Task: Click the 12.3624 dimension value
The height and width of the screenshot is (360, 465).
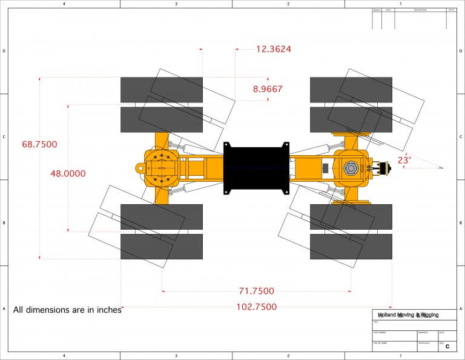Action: point(273,49)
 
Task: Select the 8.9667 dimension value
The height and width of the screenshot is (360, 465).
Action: point(268,89)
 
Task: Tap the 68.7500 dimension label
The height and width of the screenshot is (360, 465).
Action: point(39,144)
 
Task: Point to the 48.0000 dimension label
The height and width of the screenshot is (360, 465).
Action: point(68,173)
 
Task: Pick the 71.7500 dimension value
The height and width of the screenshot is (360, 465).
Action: point(256,291)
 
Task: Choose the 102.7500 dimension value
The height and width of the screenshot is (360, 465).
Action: point(256,307)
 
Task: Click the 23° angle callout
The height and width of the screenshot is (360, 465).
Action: point(404,161)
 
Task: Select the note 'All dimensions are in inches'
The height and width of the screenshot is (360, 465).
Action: point(67,309)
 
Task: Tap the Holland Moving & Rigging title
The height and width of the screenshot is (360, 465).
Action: point(408,315)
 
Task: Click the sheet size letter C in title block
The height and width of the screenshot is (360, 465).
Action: point(447,347)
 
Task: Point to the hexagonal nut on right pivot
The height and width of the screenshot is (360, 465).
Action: point(351,168)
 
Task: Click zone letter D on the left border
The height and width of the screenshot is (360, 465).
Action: point(4,51)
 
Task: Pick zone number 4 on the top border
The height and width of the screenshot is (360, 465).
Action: point(64,4)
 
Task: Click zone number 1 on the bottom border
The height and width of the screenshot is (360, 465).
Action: point(401,356)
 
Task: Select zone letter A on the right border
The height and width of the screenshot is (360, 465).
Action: point(461,309)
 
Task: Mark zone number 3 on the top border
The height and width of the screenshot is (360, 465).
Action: point(176,4)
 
